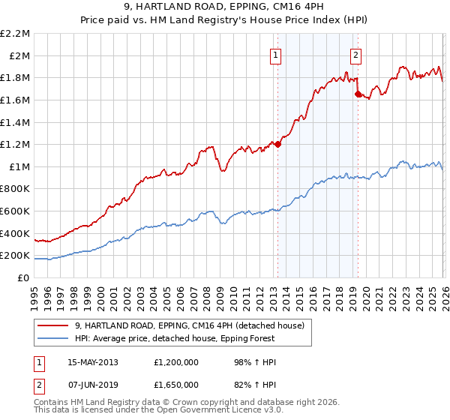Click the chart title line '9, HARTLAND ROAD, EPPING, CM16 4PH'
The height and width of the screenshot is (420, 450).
coord(225,7)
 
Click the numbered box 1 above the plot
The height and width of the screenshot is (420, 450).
coord(276,55)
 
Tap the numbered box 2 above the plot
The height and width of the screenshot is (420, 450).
coord(355,55)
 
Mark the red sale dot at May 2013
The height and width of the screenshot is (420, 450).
coord(277,144)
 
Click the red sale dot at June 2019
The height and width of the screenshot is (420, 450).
coord(358,94)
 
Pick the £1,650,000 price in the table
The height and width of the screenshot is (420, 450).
coord(175,384)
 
